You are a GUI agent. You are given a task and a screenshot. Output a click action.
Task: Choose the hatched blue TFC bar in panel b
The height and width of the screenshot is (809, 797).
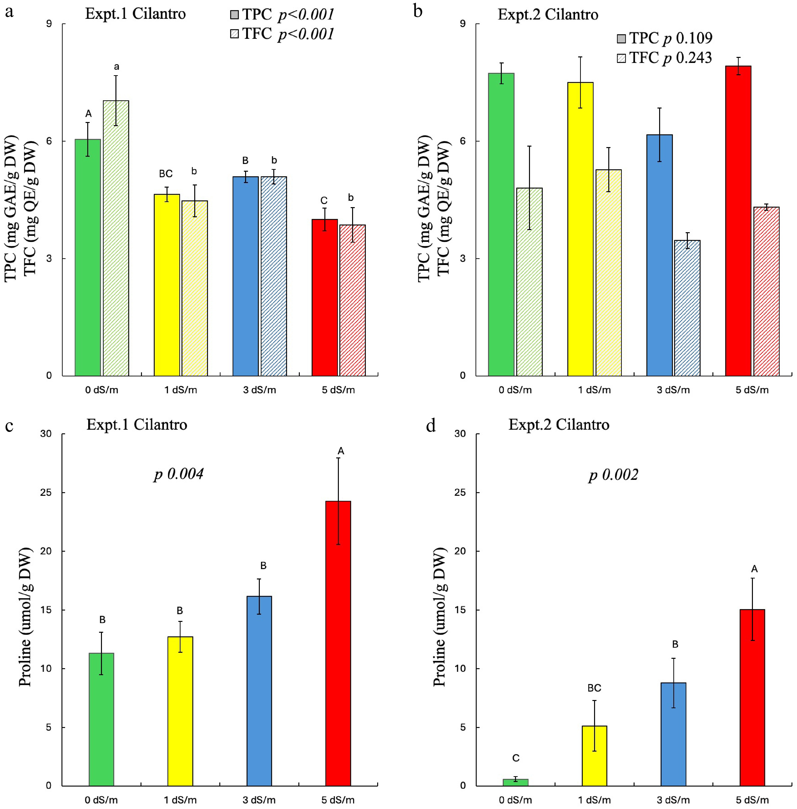(687, 308)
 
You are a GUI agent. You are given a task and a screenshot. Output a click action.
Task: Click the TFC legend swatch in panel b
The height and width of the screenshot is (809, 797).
(621, 58)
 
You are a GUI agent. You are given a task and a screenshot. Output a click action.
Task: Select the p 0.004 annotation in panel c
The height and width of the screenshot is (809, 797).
(179, 474)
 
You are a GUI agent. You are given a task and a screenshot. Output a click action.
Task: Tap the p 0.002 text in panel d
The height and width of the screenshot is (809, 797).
(613, 475)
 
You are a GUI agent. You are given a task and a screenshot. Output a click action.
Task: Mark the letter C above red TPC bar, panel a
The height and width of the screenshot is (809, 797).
(324, 201)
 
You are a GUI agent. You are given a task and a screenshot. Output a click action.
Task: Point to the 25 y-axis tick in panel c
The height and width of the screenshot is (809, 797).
(46, 492)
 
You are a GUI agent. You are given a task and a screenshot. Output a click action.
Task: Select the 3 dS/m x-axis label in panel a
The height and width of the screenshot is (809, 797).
(260, 390)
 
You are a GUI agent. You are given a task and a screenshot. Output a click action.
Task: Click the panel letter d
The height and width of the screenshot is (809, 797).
(431, 426)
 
